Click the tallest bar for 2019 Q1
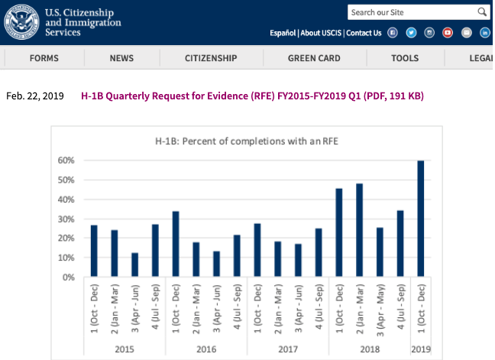420,219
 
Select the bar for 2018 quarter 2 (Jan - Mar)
359,230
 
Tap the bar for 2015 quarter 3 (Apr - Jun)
134,264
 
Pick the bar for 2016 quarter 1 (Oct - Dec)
176,244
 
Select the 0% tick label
67,277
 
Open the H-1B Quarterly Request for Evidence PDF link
252,96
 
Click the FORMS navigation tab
44,58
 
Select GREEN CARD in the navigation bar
313,58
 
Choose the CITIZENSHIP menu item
211,58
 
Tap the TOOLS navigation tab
405,58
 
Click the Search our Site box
412,12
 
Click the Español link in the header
283,33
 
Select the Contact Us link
364,33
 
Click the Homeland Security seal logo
21,21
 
